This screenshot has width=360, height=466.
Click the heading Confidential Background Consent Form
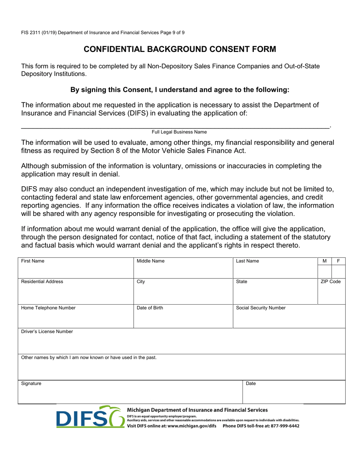tap(180, 49)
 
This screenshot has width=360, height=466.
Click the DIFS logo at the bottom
tap(89, 417)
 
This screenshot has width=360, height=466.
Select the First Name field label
tap(33, 261)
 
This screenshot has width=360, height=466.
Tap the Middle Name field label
tap(150, 261)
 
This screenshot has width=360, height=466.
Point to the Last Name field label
tap(247, 261)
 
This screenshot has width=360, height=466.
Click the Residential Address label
tap(42, 281)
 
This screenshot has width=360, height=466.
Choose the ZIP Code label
tap(330, 281)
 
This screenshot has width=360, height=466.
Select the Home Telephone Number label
tap(48, 308)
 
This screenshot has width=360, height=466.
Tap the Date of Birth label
tap(150, 308)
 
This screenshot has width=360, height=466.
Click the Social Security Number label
tap(261, 308)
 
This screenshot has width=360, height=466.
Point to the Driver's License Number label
tap(47, 332)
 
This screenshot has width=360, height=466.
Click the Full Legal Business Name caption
tap(179, 132)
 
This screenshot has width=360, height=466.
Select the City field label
tap(141, 281)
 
